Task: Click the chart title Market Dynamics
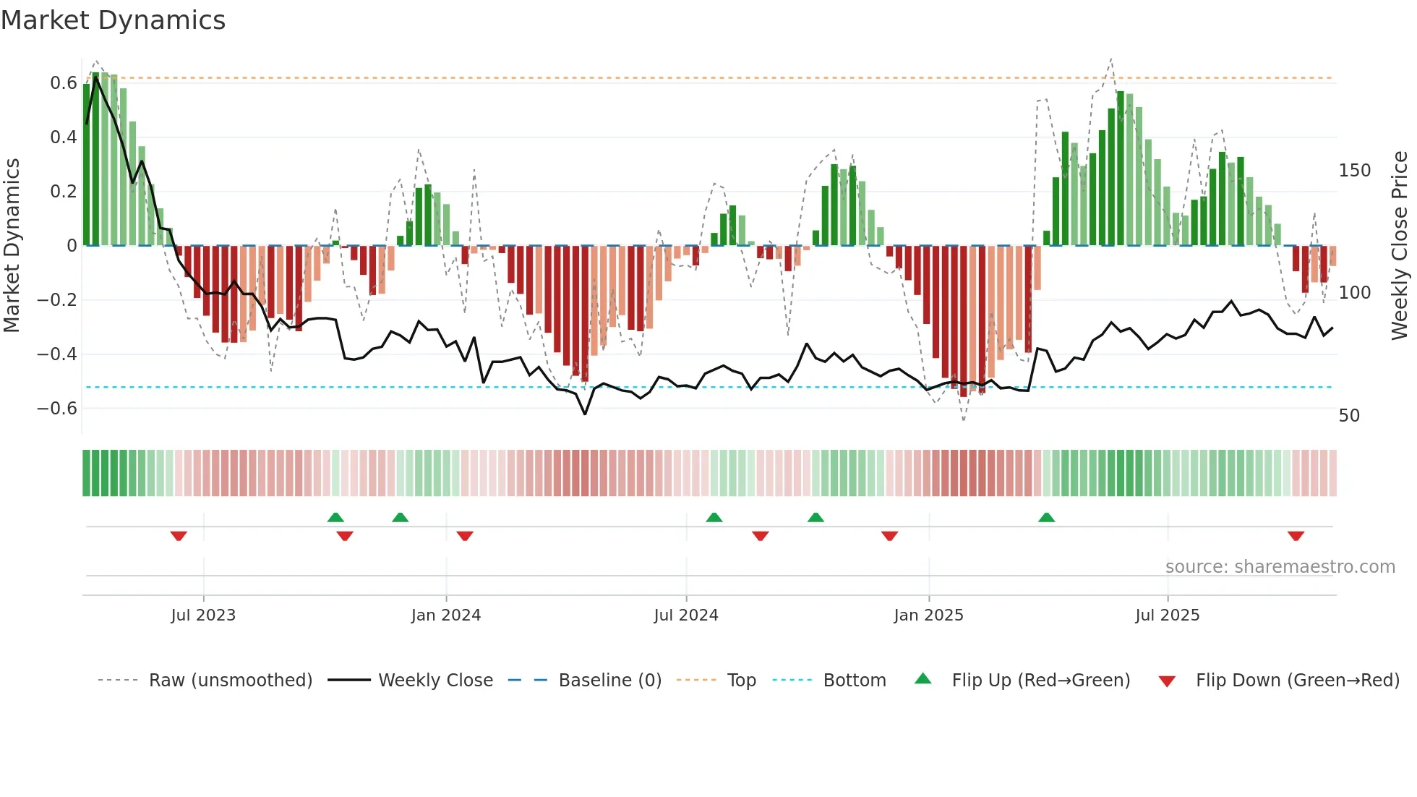[x=114, y=20]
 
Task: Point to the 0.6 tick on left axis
[x=64, y=83]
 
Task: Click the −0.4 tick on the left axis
[x=57, y=354]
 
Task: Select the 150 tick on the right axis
[x=1354, y=171]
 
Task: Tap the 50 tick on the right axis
[x=1349, y=416]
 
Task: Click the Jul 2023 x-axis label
[x=203, y=615]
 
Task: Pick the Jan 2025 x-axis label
[x=928, y=615]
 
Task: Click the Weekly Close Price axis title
[x=1400, y=246]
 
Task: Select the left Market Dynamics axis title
[x=12, y=246]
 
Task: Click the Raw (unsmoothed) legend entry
[x=230, y=681]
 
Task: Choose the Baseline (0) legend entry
[x=609, y=681]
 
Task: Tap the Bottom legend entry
[x=854, y=681]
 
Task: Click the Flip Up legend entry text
[x=1040, y=681]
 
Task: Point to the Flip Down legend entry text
[x=1297, y=681]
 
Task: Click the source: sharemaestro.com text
[x=1280, y=567]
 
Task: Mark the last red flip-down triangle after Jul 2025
[x=1296, y=536]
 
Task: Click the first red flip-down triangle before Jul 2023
[x=179, y=536]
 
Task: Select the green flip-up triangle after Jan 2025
[x=1046, y=517]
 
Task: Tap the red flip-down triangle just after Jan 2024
[x=465, y=536]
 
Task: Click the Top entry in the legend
[x=741, y=681]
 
